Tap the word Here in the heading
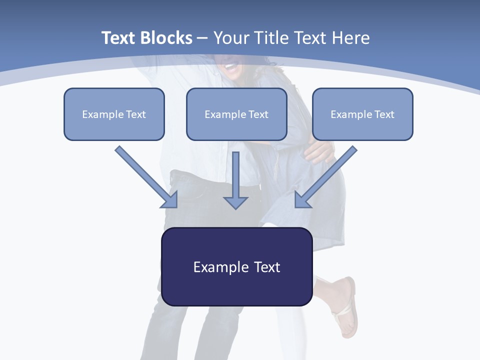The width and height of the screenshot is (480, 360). [x=351, y=38]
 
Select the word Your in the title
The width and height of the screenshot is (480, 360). [x=231, y=38]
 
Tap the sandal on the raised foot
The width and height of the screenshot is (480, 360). [x=345, y=307]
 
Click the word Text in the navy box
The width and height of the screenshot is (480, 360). [x=267, y=267]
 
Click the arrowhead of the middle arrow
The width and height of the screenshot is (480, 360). [x=236, y=202]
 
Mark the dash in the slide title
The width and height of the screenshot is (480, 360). [x=202, y=38]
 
